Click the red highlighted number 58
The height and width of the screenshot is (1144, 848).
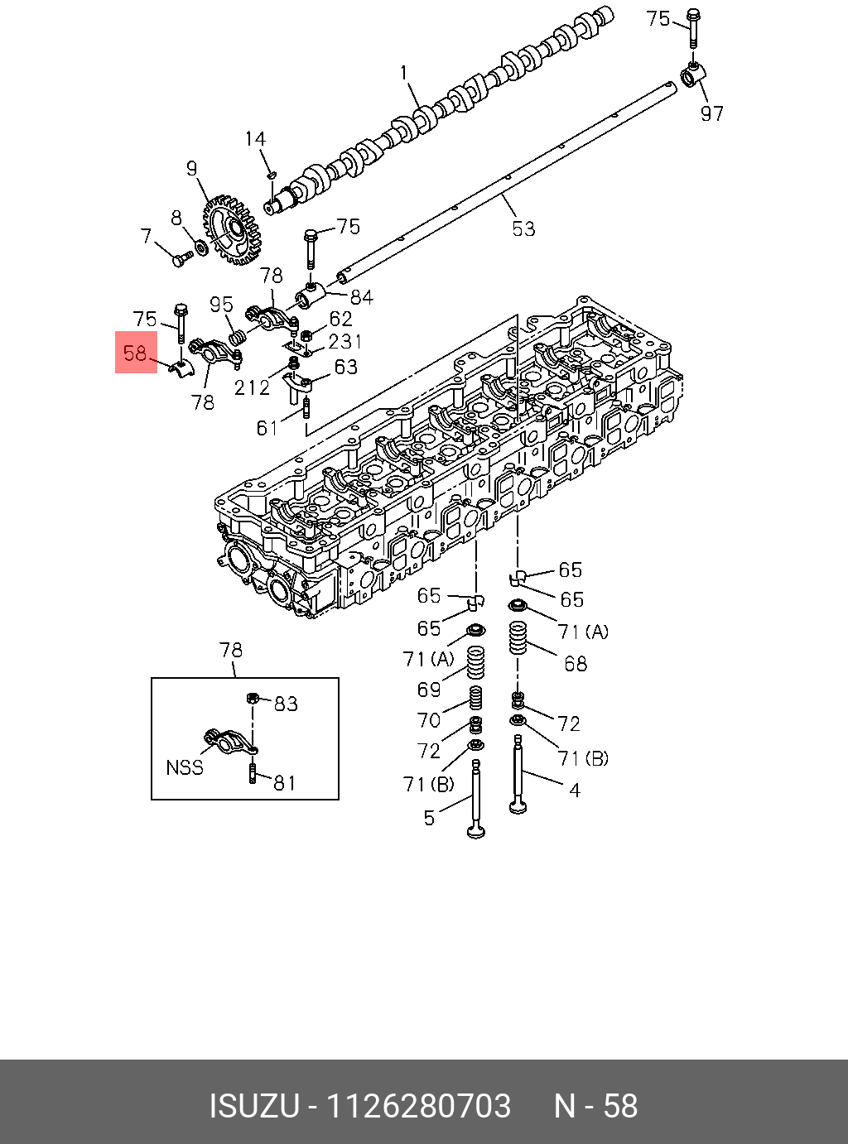coord(135,353)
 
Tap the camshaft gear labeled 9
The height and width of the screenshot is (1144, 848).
coord(233,230)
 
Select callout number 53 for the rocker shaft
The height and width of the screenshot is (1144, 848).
coord(523,228)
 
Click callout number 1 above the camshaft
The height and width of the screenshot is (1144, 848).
coord(404,74)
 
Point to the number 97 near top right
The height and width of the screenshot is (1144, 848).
coord(712,113)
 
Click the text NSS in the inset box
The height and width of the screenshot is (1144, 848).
coord(185,767)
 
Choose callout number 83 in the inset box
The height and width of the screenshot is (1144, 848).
coord(286,704)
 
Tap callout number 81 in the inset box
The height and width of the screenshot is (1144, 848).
coord(285,782)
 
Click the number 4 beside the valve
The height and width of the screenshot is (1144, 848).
coord(574,790)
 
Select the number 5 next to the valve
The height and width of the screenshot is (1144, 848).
coord(429,818)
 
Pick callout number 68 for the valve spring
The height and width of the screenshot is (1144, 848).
coord(575,664)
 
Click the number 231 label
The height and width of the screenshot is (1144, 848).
coord(344,341)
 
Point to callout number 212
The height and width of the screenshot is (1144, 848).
coord(252,387)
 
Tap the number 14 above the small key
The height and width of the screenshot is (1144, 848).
coord(255,139)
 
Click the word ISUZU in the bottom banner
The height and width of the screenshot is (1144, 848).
coord(253,1106)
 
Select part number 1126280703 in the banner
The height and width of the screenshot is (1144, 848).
coord(419,1106)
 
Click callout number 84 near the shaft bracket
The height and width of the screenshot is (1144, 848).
coord(361,296)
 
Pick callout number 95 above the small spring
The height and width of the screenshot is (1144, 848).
coord(221,305)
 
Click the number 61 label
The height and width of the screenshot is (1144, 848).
coord(267,427)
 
